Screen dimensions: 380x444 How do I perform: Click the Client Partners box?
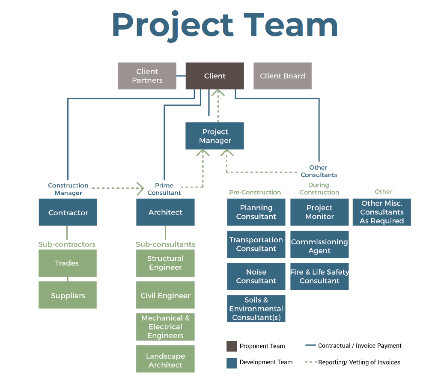147,76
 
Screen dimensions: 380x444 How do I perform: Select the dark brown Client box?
215,76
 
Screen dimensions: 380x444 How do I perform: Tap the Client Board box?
282,76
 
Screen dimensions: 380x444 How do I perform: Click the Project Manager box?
215,136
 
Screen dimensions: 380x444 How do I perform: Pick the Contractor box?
68,212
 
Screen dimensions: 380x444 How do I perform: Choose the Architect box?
165,212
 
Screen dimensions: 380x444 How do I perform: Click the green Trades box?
67,263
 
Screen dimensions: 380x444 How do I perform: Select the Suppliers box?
67,295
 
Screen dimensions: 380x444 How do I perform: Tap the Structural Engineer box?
165,263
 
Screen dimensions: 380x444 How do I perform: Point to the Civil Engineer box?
165,295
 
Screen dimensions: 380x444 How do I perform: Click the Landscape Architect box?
165,360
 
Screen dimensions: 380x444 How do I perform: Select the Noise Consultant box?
256,276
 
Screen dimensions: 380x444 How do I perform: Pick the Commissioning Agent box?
319,246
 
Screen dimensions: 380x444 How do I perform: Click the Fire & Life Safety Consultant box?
319,276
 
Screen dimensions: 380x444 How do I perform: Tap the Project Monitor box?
319,212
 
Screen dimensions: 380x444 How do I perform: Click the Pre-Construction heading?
255,193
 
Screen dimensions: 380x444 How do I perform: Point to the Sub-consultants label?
165,244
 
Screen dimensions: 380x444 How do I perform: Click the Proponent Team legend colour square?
232,346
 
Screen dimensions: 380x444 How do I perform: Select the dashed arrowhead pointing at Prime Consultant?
140,188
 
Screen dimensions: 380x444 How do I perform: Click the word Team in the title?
291,25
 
